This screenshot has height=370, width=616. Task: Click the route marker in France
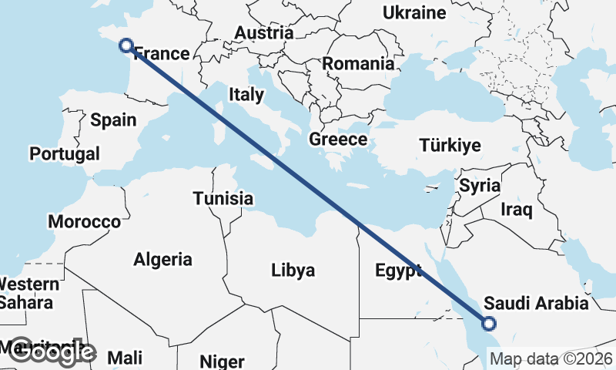[x=126, y=45]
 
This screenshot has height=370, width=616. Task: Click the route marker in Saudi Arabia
[x=488, y=324]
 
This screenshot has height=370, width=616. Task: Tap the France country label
[x=162, y=54]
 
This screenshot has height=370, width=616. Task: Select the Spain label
[x=113, y=119]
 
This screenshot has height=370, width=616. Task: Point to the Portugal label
[x=65, y=154]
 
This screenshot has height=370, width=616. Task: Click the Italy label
[x=246, y=96]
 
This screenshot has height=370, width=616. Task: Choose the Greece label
[x=338, y=140]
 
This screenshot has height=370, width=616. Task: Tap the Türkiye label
[x=450, y=145]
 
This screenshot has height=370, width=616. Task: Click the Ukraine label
[x=414, y=13]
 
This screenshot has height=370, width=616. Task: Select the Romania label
[x=358, y=64]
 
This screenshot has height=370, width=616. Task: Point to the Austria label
[x=264, y=33]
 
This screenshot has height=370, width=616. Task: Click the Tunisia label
[x=223, y=199]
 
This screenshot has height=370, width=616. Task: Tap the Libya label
[x=293, y=271]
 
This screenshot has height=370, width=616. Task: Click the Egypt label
[x=398, y=271]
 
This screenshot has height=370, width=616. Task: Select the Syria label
[x=480, y=186]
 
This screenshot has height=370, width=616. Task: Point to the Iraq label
[x=516, y=210]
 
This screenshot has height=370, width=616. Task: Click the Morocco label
[x=85, y=222]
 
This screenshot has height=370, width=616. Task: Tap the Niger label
[x=222, y=361]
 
